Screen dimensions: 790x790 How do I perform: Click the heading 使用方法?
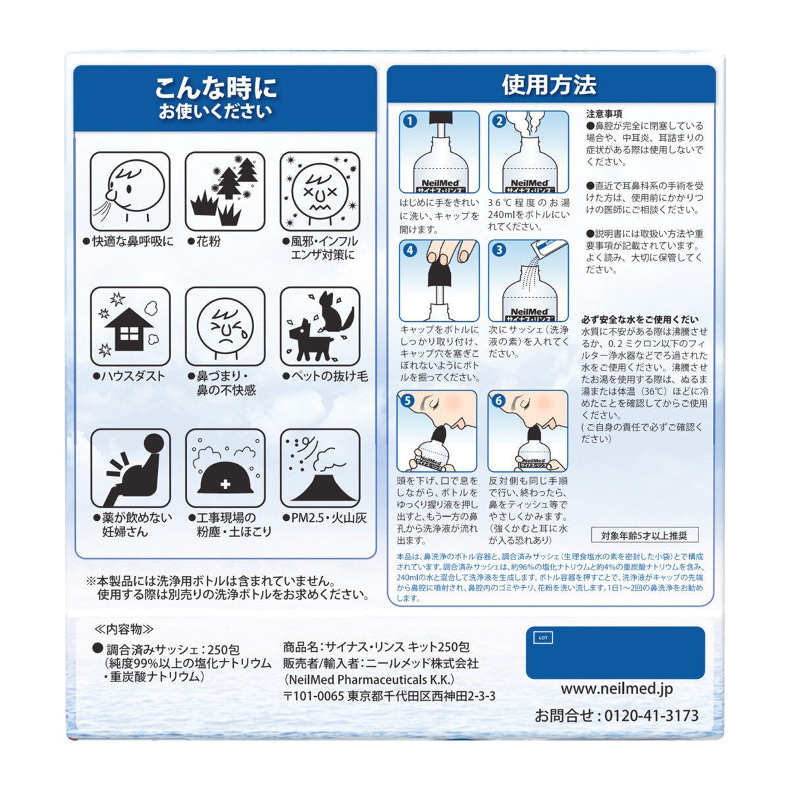point(549,84)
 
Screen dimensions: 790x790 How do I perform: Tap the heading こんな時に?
point(216,88)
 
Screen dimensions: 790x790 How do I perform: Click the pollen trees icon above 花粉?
point(225,192)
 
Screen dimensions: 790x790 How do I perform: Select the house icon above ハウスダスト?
point(130,327)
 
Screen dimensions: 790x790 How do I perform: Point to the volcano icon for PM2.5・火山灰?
point(320,469)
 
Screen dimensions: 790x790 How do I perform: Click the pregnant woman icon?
point(130,469)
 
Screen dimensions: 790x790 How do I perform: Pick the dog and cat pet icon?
point(320,327)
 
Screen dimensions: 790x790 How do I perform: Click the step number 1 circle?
point(410,121)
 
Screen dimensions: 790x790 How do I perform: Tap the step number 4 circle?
point(410,250)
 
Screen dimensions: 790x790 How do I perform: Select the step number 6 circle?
point(498,400)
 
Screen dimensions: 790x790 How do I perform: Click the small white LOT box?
point(543,637)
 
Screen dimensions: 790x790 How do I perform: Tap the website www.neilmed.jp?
point(617,689)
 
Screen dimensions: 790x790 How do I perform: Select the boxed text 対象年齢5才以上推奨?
point(645,535)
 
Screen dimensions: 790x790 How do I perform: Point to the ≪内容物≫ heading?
point(124,629)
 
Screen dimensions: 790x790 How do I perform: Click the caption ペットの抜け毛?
point(325,376)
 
